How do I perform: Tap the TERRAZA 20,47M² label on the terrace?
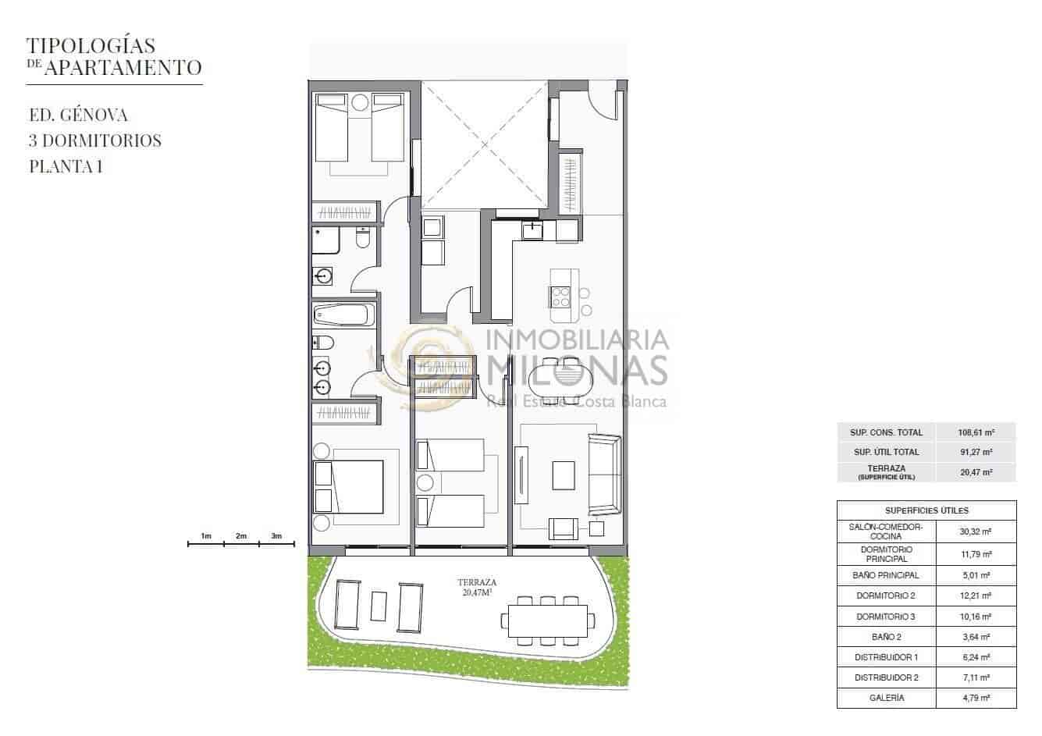[x=477, y=587]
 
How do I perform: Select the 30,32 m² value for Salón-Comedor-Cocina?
[x=976, y=532]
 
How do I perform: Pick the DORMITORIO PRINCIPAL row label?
[x=886, y=553]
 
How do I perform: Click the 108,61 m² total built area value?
[x=976, y=432]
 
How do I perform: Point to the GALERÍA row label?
[x=886, y=698]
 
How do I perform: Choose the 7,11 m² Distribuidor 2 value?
[x=976, y=677]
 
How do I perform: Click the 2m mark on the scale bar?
[x=241, y=536]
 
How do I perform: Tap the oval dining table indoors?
[x=560, y=379]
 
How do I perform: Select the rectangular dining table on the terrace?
[x=547, y=621]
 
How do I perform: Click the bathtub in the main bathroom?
[x=343, y=315]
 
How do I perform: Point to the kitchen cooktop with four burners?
[x=560, y=297]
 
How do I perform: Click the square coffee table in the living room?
[x=564, y=475]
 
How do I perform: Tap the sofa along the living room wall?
[x=604, y=475]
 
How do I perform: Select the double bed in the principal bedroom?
[x=349, y=487]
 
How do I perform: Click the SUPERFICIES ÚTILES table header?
[x=926, y=510]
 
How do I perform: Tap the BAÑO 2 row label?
[x=886, y=637]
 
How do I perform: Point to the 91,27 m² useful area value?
[x=976, y=452]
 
